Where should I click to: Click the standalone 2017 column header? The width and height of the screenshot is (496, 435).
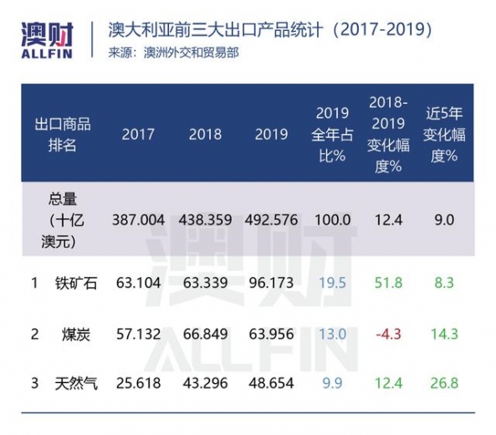pyautogui.click(x=138, y=135)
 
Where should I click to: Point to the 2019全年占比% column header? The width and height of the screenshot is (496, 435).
pyautogui.click(x=331, y=134)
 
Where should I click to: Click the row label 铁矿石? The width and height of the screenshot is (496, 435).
pyautogui.click(x=76, y=284)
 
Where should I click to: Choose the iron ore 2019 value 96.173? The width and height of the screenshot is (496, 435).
pyautogui.click(x=272, y=284)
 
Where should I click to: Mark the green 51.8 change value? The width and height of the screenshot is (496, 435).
pyautogui.click(x=385, y=284)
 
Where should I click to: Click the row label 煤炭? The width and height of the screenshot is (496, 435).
pyautogui.click(x=76, y=335)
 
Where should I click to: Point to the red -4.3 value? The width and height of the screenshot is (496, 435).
pyautogui.click(x=385, y=335)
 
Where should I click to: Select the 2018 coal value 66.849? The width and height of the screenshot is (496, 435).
pyautogui.click(x=205, y=335)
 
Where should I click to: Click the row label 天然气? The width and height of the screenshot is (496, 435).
pyautogui.click(x=76, y=386)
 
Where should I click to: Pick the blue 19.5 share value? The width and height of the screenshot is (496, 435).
pyautogui.click(x=331, y=284)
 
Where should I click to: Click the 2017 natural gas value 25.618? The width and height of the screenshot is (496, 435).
pyautogui.click(x=138, y=386)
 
